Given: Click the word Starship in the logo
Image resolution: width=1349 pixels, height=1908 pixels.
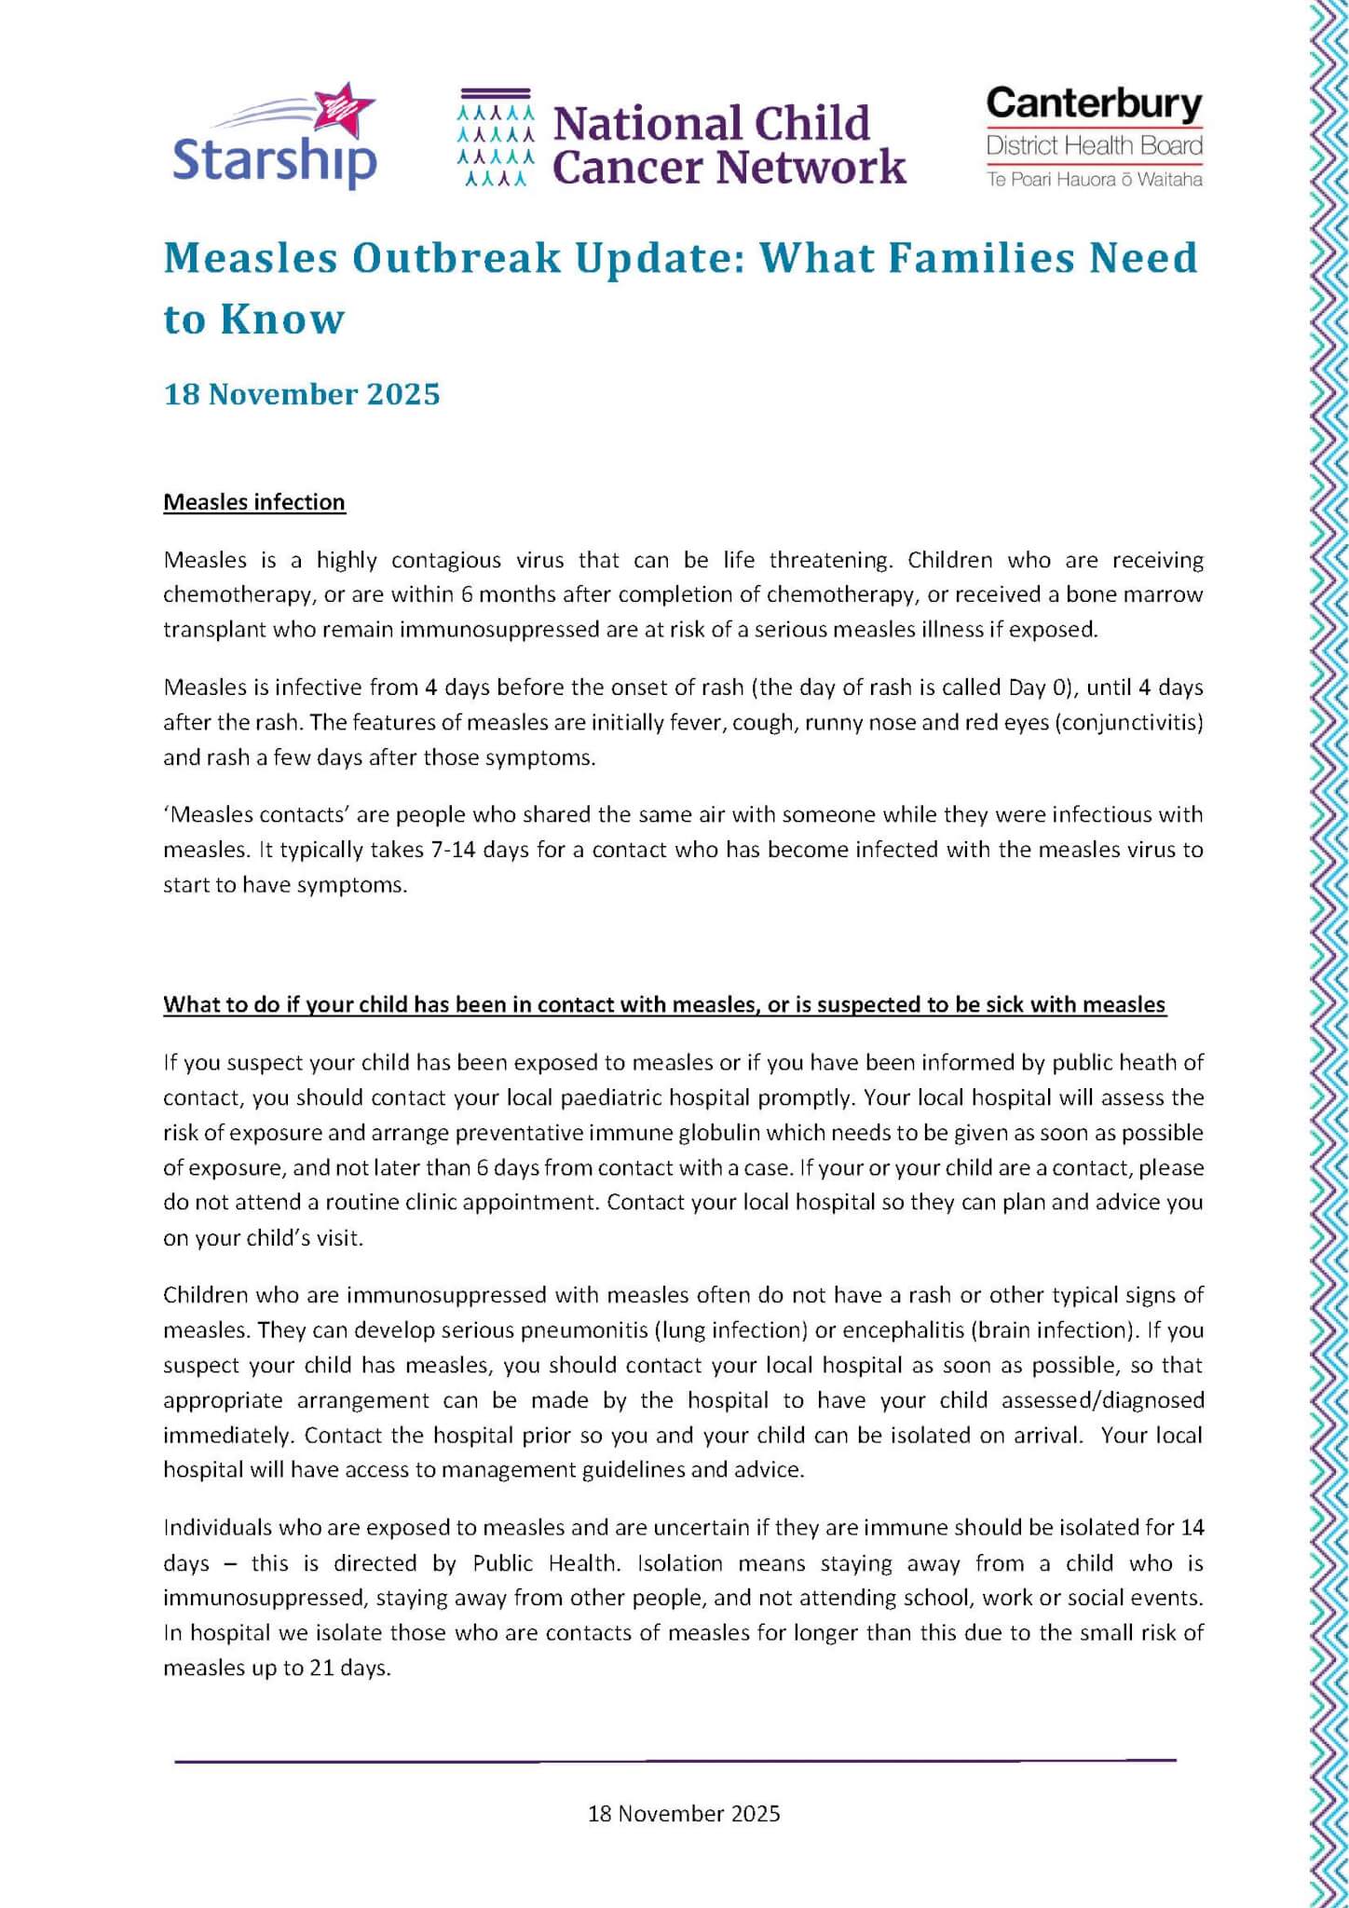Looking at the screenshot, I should tap(275, 160).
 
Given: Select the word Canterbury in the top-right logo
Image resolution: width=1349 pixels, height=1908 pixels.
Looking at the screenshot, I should tap(1094, 103).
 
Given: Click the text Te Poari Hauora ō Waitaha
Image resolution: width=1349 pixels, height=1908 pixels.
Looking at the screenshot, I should tap(1094, 180).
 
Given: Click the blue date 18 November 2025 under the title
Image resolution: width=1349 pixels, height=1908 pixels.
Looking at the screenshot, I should tap(302, 394).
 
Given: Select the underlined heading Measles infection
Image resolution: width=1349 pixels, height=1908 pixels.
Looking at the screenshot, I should tap(254, 502).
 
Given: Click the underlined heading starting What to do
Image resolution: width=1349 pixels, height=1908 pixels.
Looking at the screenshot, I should tap(664, 1004).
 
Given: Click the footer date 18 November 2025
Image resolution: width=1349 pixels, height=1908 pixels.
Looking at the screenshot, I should tap(684, 1813).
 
